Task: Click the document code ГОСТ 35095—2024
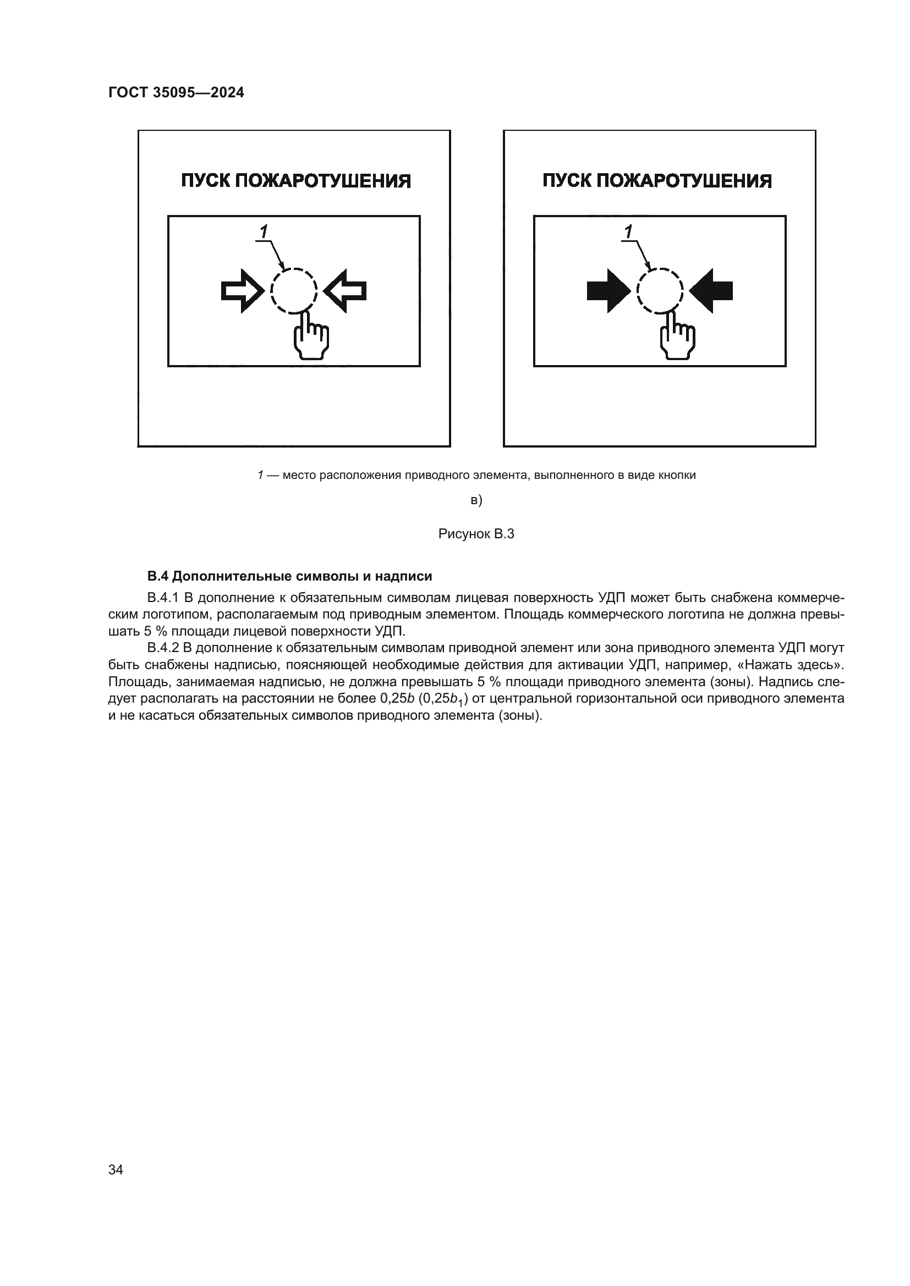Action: (176, 93)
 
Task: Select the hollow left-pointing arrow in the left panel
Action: (346, 291)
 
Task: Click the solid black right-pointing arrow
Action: (609, 291)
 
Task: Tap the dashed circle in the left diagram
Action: (294, 290)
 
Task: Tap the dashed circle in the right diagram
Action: (660, 290)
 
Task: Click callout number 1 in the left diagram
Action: (264, 231)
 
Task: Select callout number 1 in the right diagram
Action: (629, 231)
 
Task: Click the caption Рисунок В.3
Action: (476, 534)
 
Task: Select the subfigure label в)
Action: (476, 500)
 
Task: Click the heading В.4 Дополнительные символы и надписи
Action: (289, 576)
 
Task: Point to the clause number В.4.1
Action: (162, 598)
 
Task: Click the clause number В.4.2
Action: (162, 648)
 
